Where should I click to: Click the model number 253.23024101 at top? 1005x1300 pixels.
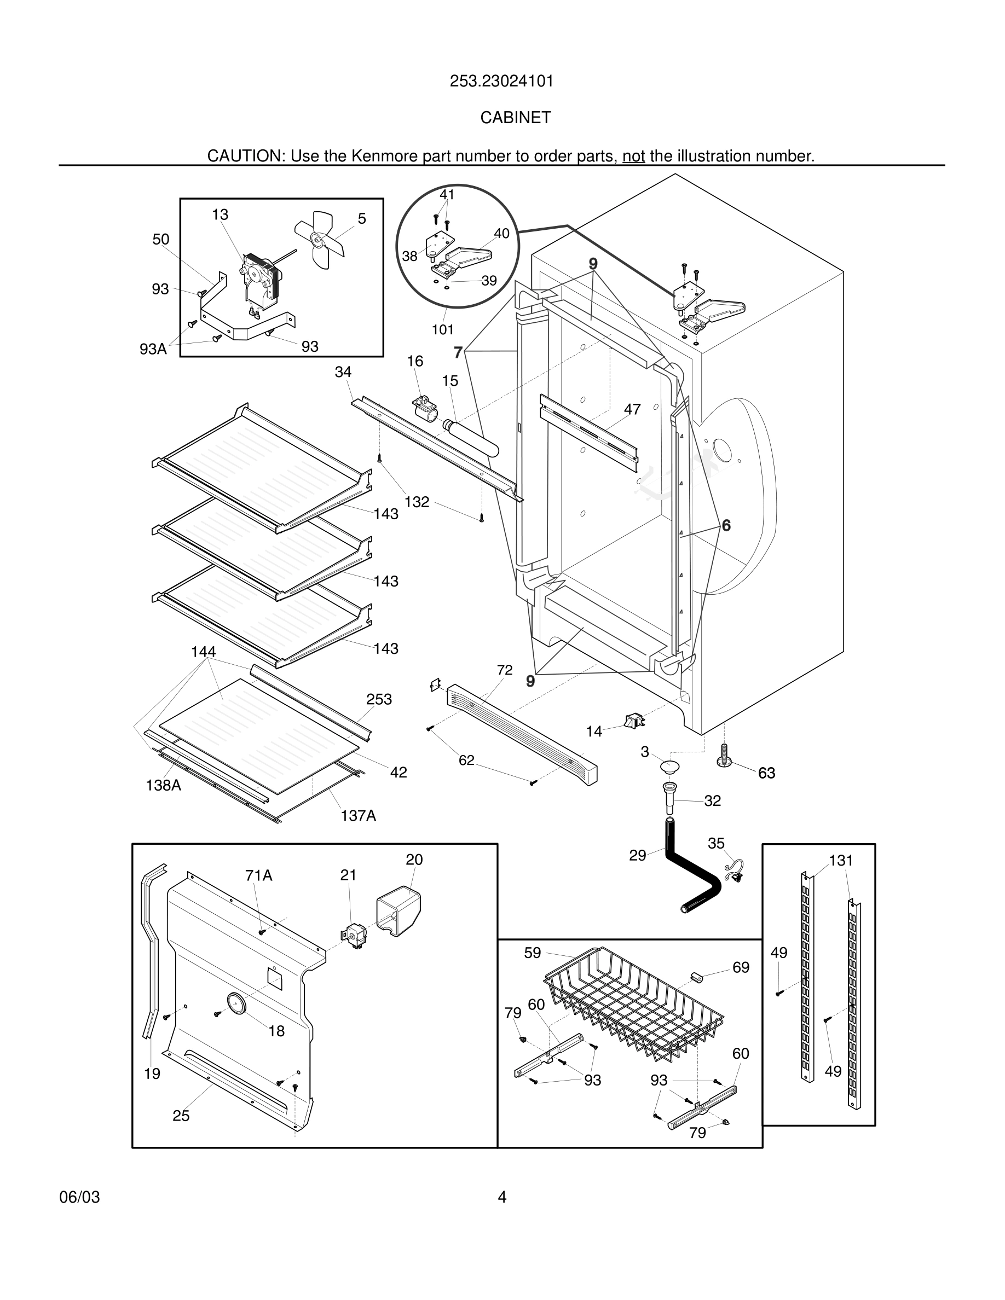[x=501, y=81]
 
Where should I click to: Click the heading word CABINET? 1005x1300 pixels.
[x=515, y=118]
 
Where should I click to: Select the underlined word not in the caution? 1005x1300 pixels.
[x=633, y=156]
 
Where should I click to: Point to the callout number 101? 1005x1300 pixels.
[x=442, y=330]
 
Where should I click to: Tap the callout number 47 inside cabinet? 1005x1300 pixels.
[x=632, y=409]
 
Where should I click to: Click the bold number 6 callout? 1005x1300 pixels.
[x=726, y=526]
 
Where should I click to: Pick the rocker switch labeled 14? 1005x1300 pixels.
[x=633, y=722]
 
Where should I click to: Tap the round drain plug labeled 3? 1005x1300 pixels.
[x=670, y=766]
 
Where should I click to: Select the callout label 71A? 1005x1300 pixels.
[x=258, y=875]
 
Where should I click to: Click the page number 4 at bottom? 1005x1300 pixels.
[x=502, y=1197]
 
